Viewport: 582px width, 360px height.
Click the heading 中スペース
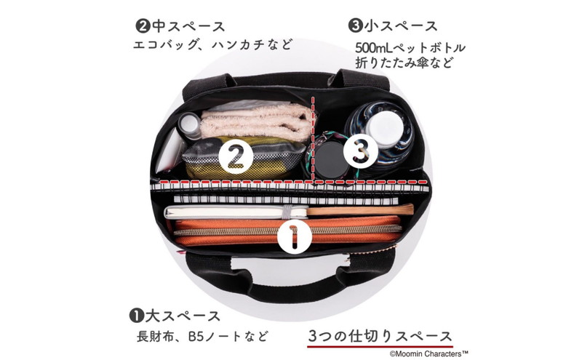[x=180, y=27]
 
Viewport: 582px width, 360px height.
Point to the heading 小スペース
[x=393, y=26]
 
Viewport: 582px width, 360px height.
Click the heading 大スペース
[x=175, y=316]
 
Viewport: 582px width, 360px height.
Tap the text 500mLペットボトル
[x=410, y=48]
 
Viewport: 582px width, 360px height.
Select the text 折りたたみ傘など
[x=404, y=63]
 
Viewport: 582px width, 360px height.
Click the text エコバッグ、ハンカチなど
[x=213, y=44]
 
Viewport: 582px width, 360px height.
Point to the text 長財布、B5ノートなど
[x=202, y=337]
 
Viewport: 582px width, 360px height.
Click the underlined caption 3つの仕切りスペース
[x=380, y=337]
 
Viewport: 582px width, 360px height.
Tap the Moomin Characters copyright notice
[x=428, y=353]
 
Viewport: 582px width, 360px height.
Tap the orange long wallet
[x=287, y=231]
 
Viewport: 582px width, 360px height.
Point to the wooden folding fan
[x=360, y=210]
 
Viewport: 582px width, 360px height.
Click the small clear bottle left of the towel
[x=190, y=127]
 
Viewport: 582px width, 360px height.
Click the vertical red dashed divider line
[x=314, y=140]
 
